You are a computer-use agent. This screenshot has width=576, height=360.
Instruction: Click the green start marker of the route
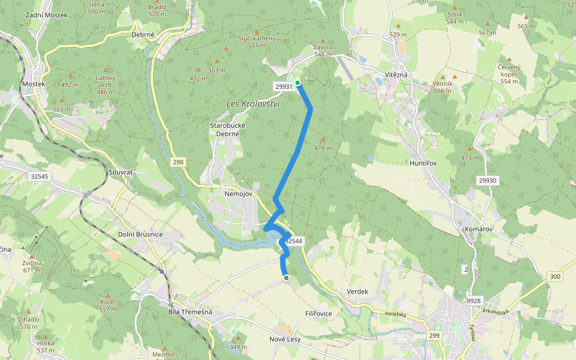pyautogui.click(x=298, y=83)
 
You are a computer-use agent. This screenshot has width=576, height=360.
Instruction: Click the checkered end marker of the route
pyautogui.click(x=287, y=277)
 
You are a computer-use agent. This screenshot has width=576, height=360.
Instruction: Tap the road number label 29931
pyautogui.click(x=284, y=86)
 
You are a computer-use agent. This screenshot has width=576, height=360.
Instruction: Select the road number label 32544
pyautogui.click(x=294, y=241)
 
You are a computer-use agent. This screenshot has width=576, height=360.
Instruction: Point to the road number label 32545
pyautogui.click(x=38, y=176)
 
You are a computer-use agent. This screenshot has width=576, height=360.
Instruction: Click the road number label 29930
pyautogui.click(x=488, y=180)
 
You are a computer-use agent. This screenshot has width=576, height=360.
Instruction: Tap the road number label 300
pyautogui.click(x=554, y=276)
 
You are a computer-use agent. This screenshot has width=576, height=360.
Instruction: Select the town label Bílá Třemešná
pyautogui.click(x=190, y=313)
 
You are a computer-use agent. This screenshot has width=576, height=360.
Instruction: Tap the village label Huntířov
pyautogui.click(x=422, y=163)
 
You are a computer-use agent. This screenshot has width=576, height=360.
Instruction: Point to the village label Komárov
pyautogui.click(x=479, y=229)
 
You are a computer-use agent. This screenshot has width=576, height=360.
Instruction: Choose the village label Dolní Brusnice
pyautogui.click(x=140, y=234)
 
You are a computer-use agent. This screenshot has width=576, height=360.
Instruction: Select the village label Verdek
pyautogui.click(x=358, y=292)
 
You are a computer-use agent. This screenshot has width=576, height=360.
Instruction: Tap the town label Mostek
pyautogui.click(x=33, y=84)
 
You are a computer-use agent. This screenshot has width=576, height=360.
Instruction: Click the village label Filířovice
pyautogui.click(x=318, y=314)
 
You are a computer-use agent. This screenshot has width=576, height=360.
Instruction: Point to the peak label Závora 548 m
pyautogui.click(x=322, y=50)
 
